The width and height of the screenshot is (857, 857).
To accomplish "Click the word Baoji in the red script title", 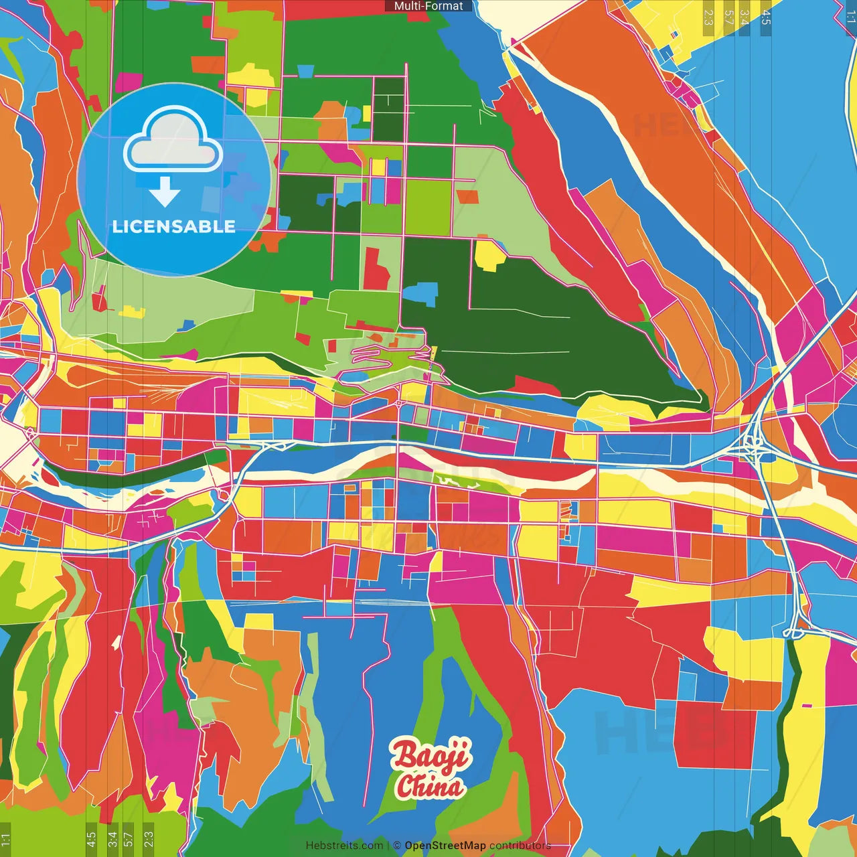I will [431, 755].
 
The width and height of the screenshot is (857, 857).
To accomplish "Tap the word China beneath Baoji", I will [430, 786].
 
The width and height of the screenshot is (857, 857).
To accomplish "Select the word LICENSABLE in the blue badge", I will [173, 226].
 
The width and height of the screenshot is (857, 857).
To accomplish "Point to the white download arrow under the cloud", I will [164, 193].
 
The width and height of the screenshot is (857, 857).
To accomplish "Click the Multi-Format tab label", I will [428, 6].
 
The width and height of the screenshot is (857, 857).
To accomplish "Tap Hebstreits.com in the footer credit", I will [344, 846].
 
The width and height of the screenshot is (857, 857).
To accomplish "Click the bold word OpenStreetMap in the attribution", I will [445, 846].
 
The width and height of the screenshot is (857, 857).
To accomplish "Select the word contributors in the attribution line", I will [520, 846].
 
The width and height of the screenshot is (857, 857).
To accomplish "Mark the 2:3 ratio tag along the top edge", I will [708, 17].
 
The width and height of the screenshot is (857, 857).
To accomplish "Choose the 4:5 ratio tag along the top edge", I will [766, 17].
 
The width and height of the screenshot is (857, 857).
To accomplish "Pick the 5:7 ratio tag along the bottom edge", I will [129, 838].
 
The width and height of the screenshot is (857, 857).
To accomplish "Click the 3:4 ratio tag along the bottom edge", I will [112, 838].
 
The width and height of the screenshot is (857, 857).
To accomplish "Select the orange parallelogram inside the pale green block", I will [468, 196].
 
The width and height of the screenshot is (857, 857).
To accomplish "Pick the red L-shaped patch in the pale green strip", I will [376, 268].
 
